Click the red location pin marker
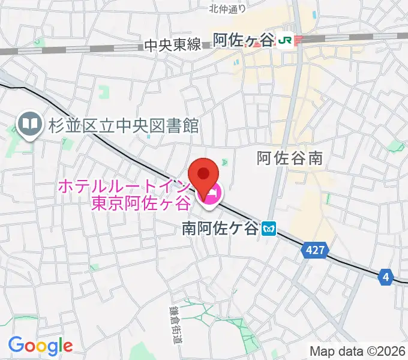tap(204, 174)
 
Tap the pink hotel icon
tap(212, 193)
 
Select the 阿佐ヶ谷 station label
tap(244, 40)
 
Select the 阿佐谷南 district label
tap(290, 158)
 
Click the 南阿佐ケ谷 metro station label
tap(222, 229)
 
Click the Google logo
tap(40, 345)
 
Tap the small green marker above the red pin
tap(224, 162)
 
